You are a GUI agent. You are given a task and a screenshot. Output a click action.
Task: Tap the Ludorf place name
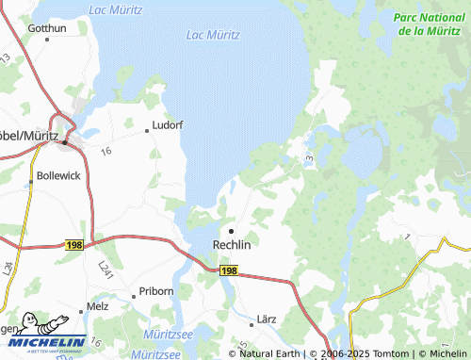click(x=168, y=123)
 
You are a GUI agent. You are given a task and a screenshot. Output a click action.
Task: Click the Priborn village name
click(x=155, y=291)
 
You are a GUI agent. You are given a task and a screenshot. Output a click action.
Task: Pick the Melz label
click(x=98, y=306)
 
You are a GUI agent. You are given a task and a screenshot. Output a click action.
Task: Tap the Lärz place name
click(x=266, y=319)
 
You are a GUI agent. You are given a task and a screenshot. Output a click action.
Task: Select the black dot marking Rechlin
click(x=231, y=230)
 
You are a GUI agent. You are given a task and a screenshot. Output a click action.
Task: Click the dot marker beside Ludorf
click(x=146, y=131)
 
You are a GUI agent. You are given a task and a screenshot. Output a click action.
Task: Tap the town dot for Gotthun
click(x=35, y=38)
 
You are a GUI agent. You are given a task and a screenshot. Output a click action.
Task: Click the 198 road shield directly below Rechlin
click(x=229, y=270)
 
